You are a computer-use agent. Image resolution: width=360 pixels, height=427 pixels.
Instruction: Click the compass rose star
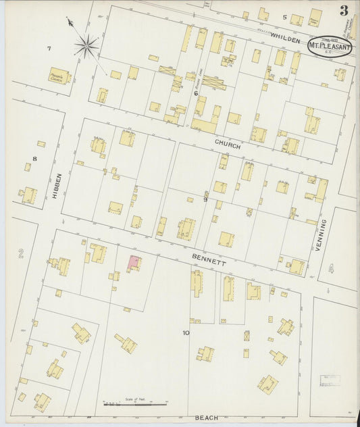[86, 46]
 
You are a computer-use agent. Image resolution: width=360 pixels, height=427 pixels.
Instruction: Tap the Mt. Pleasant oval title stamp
[329, 45]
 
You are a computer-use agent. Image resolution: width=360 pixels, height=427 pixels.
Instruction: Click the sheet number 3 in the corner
[344, 10]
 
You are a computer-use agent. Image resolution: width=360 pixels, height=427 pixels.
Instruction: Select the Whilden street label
[285, 41]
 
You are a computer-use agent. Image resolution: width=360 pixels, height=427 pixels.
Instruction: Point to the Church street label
[228, 143]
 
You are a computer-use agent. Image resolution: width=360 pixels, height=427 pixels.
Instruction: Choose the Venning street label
[322, 236]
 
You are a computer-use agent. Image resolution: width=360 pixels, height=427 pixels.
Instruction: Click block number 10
[185, 333]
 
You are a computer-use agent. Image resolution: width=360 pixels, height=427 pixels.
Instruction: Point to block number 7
[49, 48]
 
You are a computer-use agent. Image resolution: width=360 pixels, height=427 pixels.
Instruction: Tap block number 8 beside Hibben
[34, 159]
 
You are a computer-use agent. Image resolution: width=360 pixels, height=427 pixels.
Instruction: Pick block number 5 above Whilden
[284, 17]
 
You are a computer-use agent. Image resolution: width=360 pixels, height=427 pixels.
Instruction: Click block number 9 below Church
[205, 199]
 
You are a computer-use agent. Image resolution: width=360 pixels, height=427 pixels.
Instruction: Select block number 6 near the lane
[196, 93]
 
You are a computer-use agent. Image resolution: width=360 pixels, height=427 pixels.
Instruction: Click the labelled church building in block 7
[59, 76]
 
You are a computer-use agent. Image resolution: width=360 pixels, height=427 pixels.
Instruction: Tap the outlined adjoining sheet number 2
[21, 253]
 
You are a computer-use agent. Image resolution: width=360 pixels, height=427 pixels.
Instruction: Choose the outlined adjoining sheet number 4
[330, 268]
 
